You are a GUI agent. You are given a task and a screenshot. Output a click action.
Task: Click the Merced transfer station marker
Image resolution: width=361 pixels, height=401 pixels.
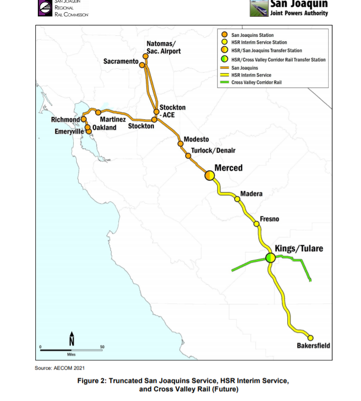point(210,176)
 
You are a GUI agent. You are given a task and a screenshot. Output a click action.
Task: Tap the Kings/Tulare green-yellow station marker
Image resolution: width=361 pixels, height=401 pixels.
point(270,257)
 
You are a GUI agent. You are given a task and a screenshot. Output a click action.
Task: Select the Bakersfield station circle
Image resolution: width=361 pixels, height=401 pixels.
point(310,338)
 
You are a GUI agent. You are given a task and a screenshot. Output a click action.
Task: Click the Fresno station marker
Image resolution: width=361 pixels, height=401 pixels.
point(256,224)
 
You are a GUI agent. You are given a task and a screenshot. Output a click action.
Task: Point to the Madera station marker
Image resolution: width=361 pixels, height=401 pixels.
point(237,199)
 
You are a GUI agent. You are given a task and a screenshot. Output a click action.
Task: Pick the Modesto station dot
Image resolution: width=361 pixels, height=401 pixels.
point(180,144)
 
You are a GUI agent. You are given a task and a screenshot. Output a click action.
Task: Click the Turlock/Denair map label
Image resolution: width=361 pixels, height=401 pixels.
point(213,150)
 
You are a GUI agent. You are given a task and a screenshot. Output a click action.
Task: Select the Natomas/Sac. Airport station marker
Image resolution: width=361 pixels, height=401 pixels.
point(145,56)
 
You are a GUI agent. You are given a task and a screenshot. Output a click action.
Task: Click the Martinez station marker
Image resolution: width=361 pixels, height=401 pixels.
point(98,113)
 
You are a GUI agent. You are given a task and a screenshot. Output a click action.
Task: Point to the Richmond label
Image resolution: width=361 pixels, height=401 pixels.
point(65,120)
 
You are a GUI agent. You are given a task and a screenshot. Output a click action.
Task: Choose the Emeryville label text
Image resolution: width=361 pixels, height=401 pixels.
point(69,132)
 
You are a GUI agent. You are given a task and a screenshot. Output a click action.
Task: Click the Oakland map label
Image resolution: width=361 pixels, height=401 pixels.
point(104,128)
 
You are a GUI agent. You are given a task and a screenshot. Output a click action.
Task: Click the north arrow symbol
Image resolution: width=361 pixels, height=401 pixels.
point(72,339)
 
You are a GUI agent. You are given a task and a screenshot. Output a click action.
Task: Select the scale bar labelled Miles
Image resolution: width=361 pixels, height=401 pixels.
point(71,350)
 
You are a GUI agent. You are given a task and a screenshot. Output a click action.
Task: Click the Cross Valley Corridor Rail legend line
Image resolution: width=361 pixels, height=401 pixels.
point(224,82)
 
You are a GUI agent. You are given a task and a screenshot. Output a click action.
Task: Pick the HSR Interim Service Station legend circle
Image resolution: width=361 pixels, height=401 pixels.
point(224,43)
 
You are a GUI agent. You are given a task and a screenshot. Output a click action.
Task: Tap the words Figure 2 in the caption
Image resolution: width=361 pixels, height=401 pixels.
point(92,381)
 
